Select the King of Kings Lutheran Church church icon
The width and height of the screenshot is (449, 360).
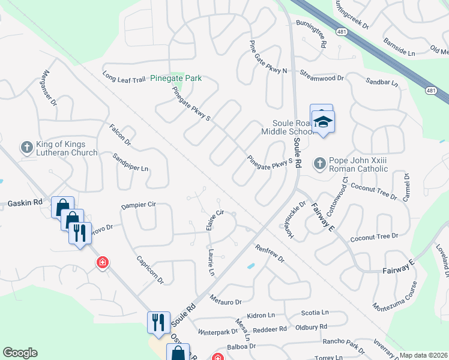[26, 146]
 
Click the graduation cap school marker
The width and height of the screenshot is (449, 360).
[323, 122]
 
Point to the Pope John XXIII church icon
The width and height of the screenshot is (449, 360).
[320, 163]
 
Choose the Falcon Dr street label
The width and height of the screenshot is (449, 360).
[120, 134]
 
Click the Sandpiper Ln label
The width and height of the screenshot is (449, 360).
[130, 162]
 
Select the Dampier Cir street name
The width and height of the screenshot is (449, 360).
[138, 205]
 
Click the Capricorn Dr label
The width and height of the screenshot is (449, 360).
[150, 270]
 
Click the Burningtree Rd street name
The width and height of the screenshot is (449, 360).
[311, 33]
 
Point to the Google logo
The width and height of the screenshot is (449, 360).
[20, 353]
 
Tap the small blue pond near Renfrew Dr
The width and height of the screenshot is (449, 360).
[250, 266]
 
